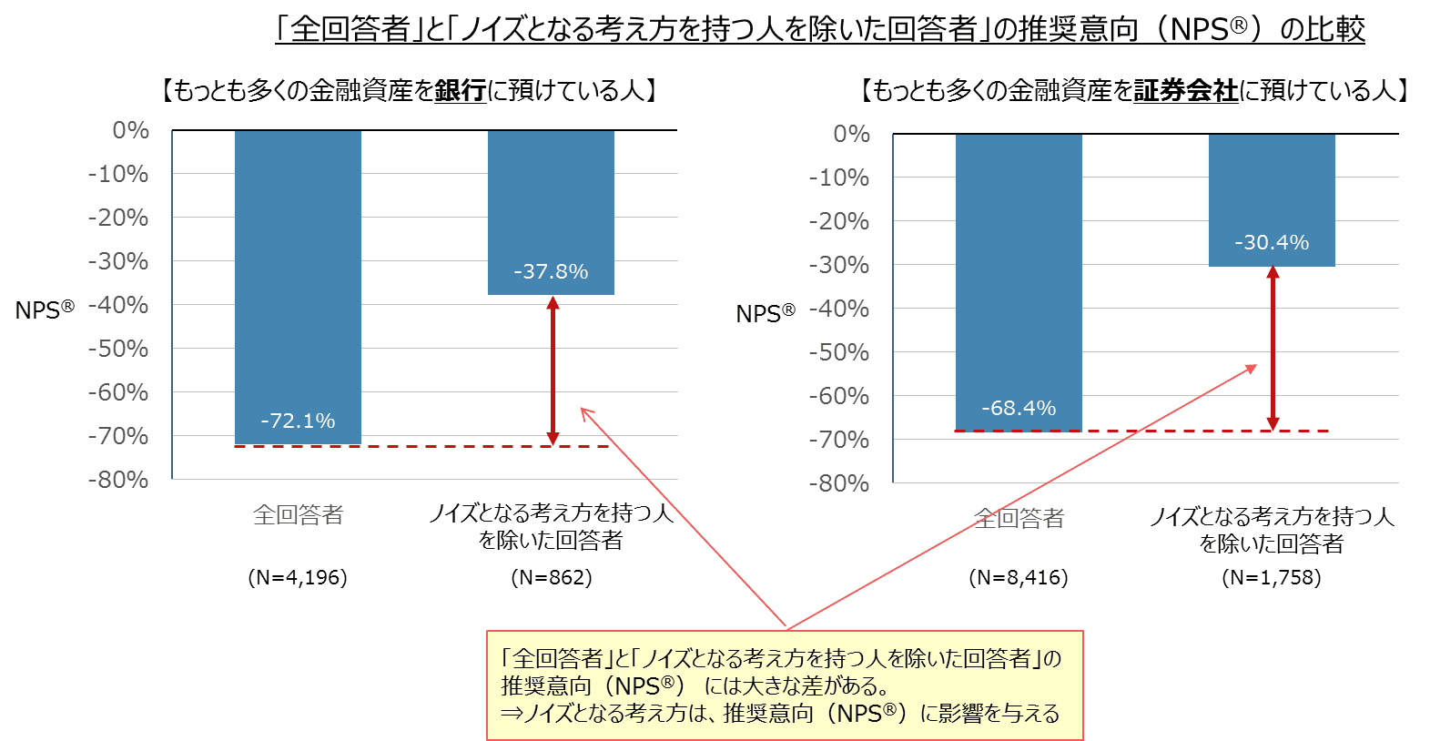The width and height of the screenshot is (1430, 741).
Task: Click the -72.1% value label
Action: [298, 421]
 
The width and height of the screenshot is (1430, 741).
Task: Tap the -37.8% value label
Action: [551, 271]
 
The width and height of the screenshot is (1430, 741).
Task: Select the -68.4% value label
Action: [1019, 408]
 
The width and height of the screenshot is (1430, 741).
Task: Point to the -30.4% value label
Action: [1272, 242]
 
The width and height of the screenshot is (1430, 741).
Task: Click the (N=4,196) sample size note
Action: [298, 577]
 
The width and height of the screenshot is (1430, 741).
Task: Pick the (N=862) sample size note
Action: [552, 577]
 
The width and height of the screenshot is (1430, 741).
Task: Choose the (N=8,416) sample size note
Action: [1019, 577]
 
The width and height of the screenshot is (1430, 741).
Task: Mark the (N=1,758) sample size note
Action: [1272, 577]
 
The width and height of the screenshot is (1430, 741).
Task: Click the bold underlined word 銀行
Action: [461, 90]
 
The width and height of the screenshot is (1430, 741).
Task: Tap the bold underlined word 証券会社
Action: [1185, 90]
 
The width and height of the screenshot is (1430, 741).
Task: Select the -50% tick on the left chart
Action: [118, 349]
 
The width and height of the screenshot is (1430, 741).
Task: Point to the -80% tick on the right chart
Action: [839, 483]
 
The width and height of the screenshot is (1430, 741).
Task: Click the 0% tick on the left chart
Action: [131, 130]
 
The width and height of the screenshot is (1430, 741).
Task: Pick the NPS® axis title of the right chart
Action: [766, 314]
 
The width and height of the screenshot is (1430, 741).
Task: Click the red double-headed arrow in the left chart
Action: [553, 370]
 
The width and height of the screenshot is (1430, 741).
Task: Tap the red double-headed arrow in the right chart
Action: [1273, 348]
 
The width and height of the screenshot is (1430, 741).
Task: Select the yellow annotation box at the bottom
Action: [785, 685]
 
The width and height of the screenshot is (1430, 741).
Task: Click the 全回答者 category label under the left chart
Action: [298, 515]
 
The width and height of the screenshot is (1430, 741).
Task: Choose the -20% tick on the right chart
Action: [839, 221]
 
